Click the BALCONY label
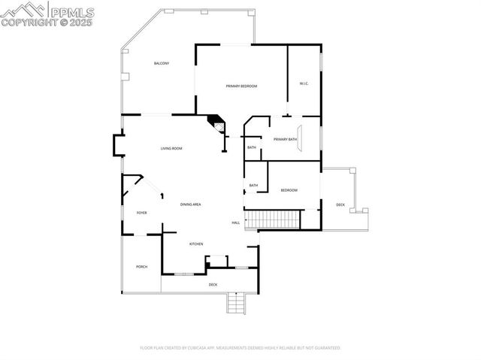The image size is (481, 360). pyautogui.click(x=162, y=63)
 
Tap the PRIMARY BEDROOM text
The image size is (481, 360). pyautogui.click(x=241, y=86)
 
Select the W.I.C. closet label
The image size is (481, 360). pyautogui.click(x=304, y=83)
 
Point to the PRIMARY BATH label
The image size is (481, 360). pyautogui.click(x=285, y=139)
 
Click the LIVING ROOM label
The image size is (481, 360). pyautogui.click(x=171, y=149)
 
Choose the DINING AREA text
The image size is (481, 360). pyautogui.click(x=190, y=204)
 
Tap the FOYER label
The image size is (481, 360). pyautogui.click(x=141, y=213)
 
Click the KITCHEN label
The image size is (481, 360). pyautogui.click(x=196, y=244)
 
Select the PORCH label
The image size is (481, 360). pyautogui.click(x=141, y=267)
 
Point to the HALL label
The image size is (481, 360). pyautogui.click(x=235, y=222)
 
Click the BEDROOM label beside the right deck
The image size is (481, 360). pyautogui.click(x=289, y=190)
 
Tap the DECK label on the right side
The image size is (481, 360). pyautogui.click(x=340, y=204)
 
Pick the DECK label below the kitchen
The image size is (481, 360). pyautogui.click(x=213, y=284)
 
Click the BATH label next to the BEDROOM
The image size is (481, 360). pyautogui.click(x=253, y=186)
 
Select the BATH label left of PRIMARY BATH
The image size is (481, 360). pyautogui.click(x=252, y=147)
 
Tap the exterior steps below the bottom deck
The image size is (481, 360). pyautogui.click(x=236, y=303)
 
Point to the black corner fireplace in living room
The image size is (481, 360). pyautogui.click(x=216, y=122)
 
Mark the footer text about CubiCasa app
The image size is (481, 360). pyautogui.click(x=240, y=348)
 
